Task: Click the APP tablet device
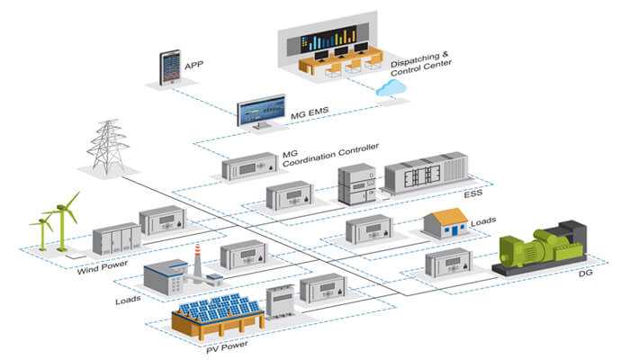(169, 67)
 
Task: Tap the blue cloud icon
(390, 88)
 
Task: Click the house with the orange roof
(445, 223)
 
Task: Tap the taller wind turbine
(63, 221)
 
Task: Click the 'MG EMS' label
(310, 112)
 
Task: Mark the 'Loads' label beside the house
(483, 220)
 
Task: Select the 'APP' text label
(194, 65)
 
